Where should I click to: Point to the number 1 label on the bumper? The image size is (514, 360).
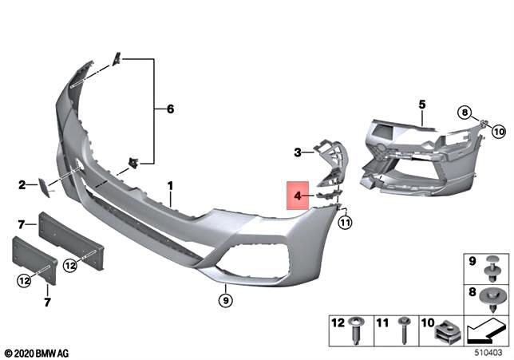pyautogui.click(x=170, y=186)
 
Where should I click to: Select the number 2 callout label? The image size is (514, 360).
pyautogui.click(x=22, y=186)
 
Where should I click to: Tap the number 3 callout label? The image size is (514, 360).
pyautogui.click(x=297, y=152)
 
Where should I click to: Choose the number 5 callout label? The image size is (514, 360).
pyautogui.click(x=422, y=104)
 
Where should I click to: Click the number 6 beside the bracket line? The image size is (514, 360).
pyautogui.click(x=169, y=109)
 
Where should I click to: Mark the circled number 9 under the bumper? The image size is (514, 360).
pyautogui.click(x=226, y=301)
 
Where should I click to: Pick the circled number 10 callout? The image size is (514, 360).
pyautogui.click(x=498, y=130)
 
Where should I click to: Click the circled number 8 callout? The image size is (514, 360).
pyautogui.click(x=465, y=113)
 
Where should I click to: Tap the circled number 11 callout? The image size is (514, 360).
pyautogui.click(x=345, y=223)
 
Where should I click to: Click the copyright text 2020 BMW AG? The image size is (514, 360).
pyautogui.click(x=38, y=352)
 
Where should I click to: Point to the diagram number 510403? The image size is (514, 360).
pyautogui.click(x=487, y=349)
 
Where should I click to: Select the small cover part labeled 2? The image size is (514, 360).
pyautogui.click(x=42, y=187)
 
